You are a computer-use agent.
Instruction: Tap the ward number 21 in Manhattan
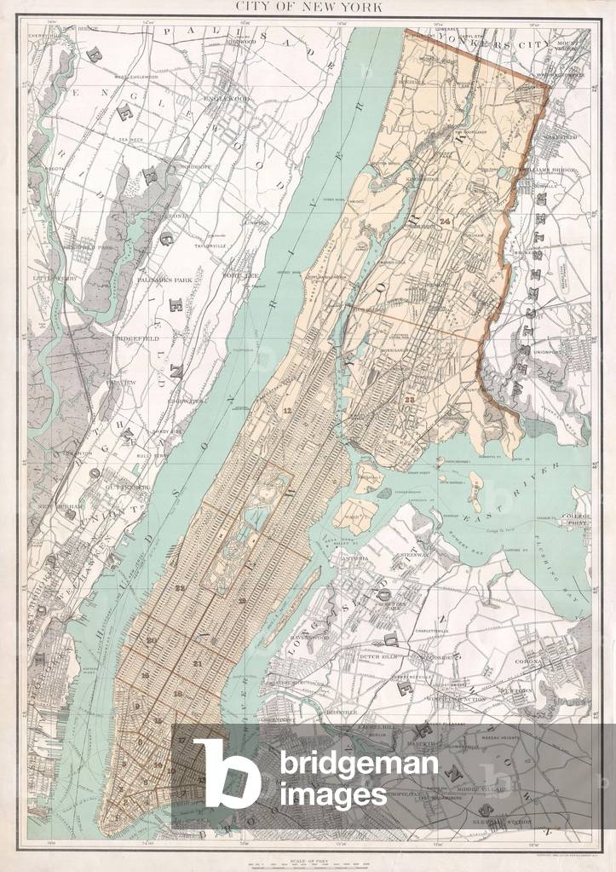click(198, 664)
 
